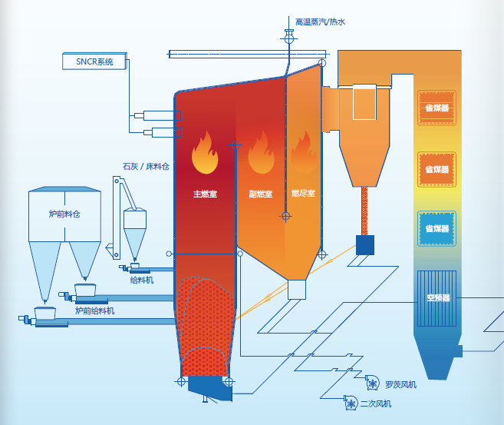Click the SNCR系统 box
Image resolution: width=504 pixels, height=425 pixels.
94,61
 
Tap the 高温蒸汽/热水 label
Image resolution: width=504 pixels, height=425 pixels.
321,22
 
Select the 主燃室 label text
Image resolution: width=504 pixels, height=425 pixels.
205,194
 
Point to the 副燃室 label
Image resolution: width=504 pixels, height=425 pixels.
261,194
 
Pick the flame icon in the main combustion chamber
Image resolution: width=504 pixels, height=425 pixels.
205,154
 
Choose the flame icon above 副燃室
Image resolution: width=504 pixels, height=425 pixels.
261,154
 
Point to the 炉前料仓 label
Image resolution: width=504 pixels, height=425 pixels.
64,213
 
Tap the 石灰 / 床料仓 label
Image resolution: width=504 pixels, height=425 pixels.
146,166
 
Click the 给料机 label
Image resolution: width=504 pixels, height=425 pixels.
142,280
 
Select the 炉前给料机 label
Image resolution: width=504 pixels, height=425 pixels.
94,310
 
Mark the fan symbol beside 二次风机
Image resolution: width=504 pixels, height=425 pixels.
347,402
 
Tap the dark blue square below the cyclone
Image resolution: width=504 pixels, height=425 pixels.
365,245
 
